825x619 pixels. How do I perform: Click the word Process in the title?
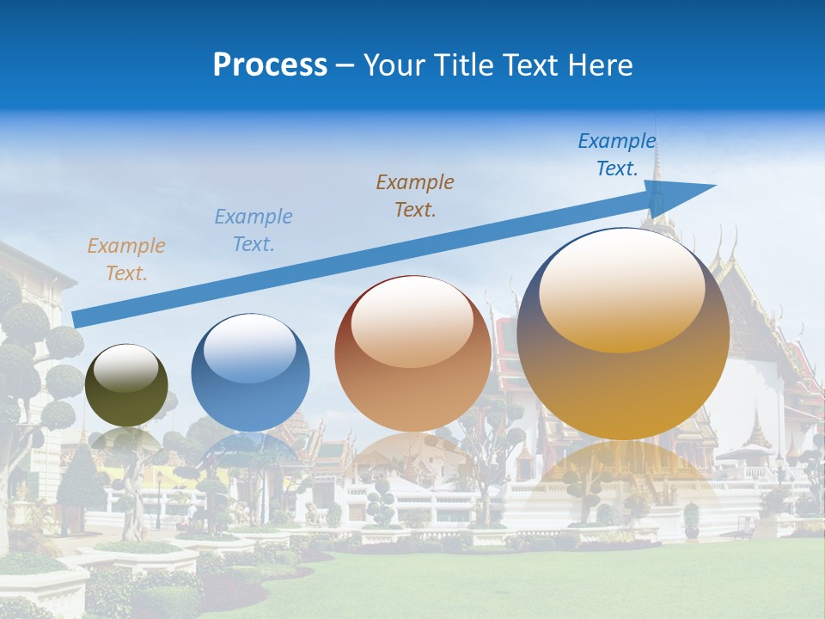click(x=270, y=65)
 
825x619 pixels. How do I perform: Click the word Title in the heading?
click(x=461, y=65)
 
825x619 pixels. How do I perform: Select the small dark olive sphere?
click(x=126, y=385)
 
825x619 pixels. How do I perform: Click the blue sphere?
click(x=250, y=373)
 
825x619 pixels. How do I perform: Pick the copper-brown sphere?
click(x=412, y=354)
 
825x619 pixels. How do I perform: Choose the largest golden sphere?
click(x=623, y=334)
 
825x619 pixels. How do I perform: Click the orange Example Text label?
click(x=126, y=260)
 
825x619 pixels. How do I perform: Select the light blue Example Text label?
click(x=254, y=230)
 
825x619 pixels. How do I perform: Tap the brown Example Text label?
click(x=415, y=195)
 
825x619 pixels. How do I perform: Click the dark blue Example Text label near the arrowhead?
click(x=617, y=155)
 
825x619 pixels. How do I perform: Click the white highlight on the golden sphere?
click(x=621, y=288)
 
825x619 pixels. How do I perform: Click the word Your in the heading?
click(x=392, y=65)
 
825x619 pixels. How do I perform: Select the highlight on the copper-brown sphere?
click(x=412, y=322)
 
